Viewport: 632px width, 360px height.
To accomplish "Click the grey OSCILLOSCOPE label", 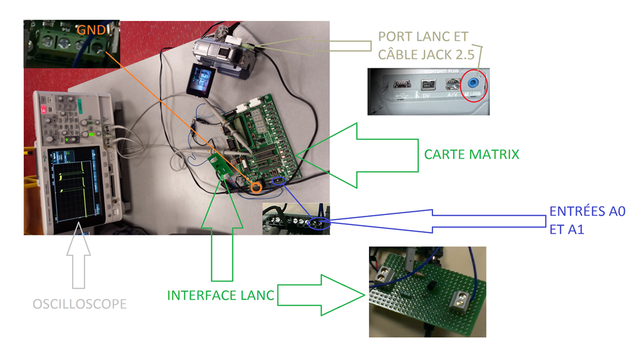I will [79, 303].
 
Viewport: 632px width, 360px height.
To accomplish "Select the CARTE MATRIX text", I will [471, 154].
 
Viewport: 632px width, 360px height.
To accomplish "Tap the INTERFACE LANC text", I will [220, 295].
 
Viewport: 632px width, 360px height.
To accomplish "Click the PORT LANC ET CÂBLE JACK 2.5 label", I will [423, 45].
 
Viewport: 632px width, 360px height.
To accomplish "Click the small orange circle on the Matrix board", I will [257, 185].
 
